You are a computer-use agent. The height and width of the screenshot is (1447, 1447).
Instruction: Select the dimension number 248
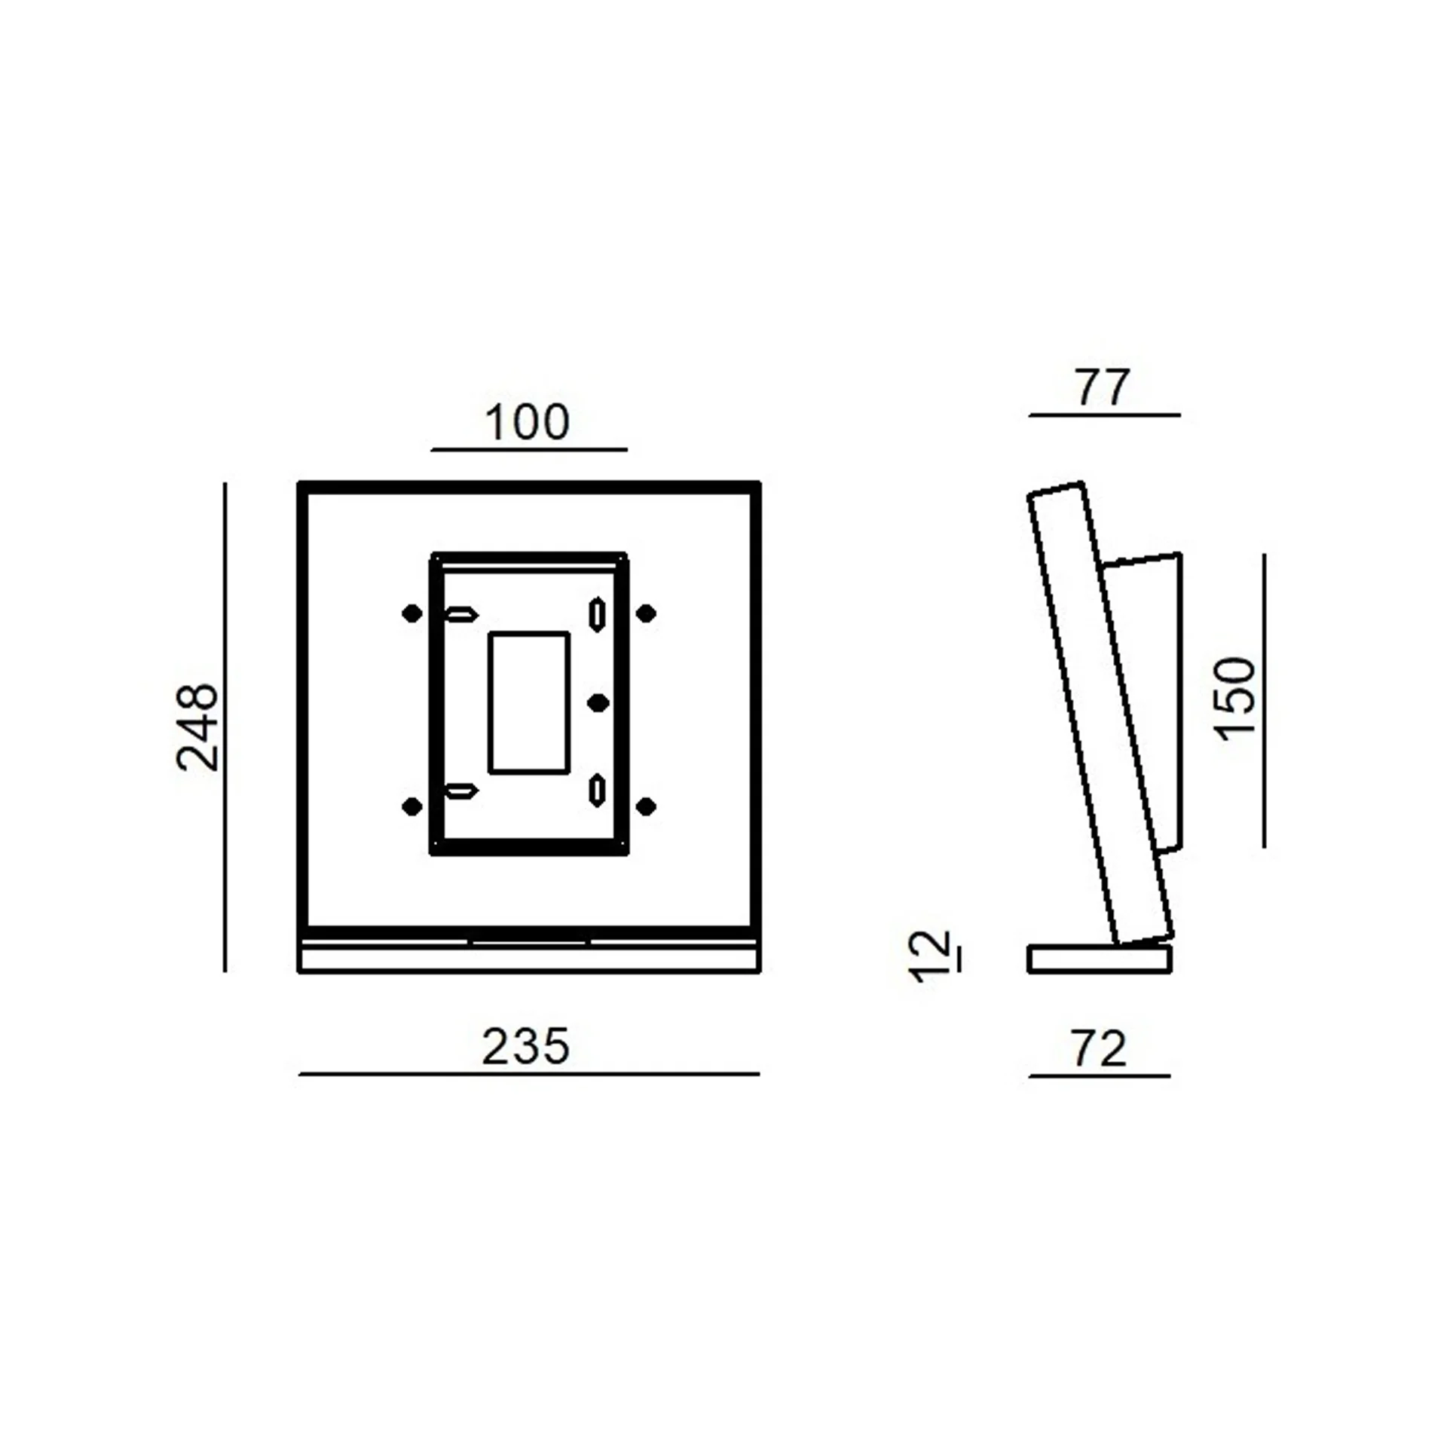(197, 727)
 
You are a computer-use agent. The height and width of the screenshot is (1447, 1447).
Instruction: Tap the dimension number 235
(526, 1047)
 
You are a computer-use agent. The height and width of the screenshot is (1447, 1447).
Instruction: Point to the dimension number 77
(1103, 387)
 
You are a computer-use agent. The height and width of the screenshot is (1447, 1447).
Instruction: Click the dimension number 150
(1235, 699)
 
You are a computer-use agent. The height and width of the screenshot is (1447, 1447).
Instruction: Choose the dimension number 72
(1099, 1048)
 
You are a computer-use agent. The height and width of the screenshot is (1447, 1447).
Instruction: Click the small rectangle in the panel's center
(529, 702)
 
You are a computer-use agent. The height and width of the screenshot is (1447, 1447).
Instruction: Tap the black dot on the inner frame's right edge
(598, 703)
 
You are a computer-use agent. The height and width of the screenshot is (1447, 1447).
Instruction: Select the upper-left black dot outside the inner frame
(412, 613)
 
